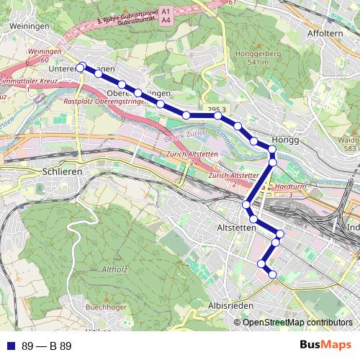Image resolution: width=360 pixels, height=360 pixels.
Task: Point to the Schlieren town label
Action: point(63,172)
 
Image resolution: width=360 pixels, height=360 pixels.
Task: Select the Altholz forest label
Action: point(115,269)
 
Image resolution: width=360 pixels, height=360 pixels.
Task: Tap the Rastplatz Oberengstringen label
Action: point(104,102)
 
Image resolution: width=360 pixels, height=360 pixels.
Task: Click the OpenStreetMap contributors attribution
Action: point(297,323)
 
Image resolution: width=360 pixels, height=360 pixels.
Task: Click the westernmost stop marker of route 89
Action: point(80,68)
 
